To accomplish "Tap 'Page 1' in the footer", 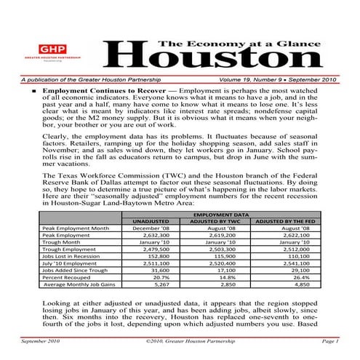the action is [x=327, y=340].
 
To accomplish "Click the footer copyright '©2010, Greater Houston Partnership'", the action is [x=181, y=340].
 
